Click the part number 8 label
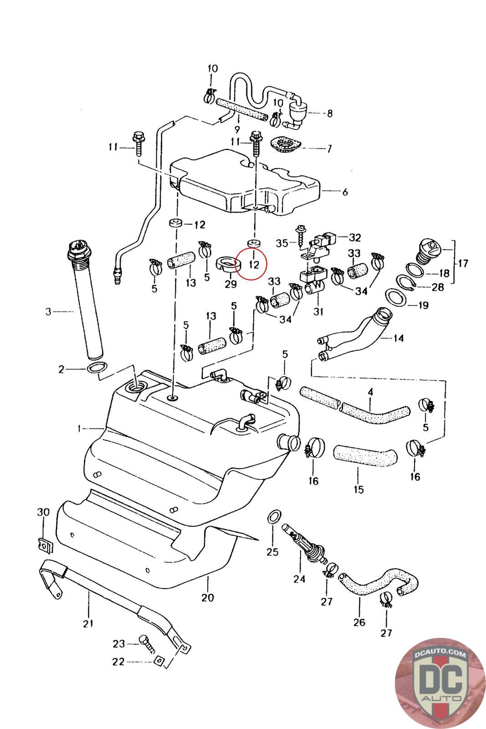(x=330, y=113)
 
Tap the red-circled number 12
(x=254, y=264)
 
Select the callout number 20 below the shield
(x=207, y=597)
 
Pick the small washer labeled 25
(x=273, y=517)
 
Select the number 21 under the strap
(x=88, y=623)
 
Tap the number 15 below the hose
(x=358, y=489)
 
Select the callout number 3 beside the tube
(x=48, y=312)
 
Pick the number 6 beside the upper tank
(x=345, y=192)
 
